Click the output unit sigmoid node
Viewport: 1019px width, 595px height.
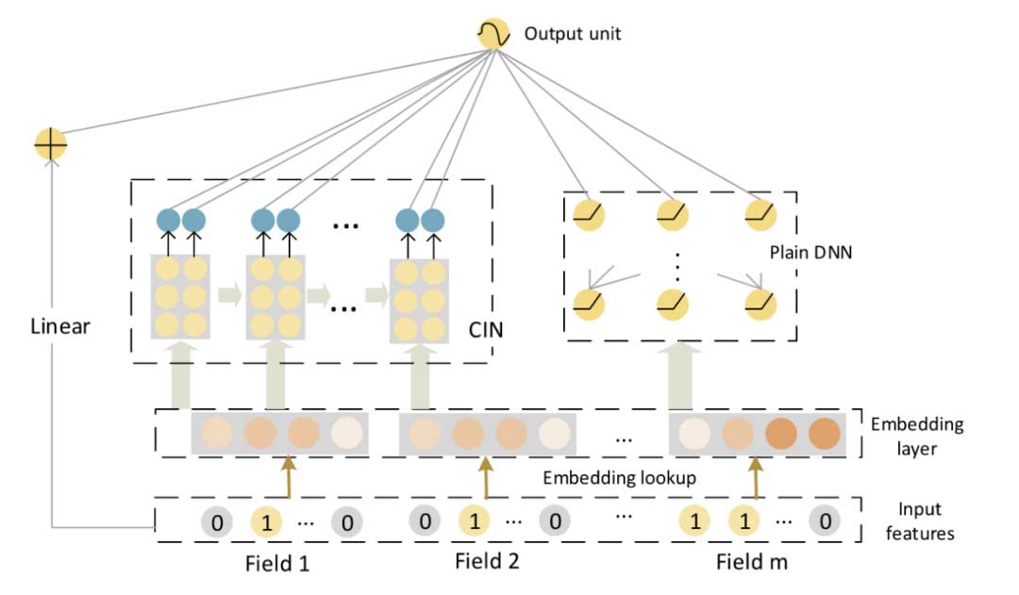[493, 35]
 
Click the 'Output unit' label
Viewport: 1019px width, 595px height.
[573, 36]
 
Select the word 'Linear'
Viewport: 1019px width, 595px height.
[58, 327]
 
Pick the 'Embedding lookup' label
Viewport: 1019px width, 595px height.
[619, 478]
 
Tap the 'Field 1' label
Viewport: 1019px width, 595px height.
[276, 564]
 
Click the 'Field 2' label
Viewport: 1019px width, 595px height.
[486, 562]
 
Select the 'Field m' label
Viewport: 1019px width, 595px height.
[751, 563]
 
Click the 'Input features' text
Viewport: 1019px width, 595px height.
[925, 521]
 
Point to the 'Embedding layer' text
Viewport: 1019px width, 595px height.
[930, 436]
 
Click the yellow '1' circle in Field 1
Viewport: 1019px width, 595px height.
[266, 522]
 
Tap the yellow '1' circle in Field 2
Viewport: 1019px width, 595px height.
[475, 521]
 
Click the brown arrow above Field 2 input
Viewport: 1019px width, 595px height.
[485, 478]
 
